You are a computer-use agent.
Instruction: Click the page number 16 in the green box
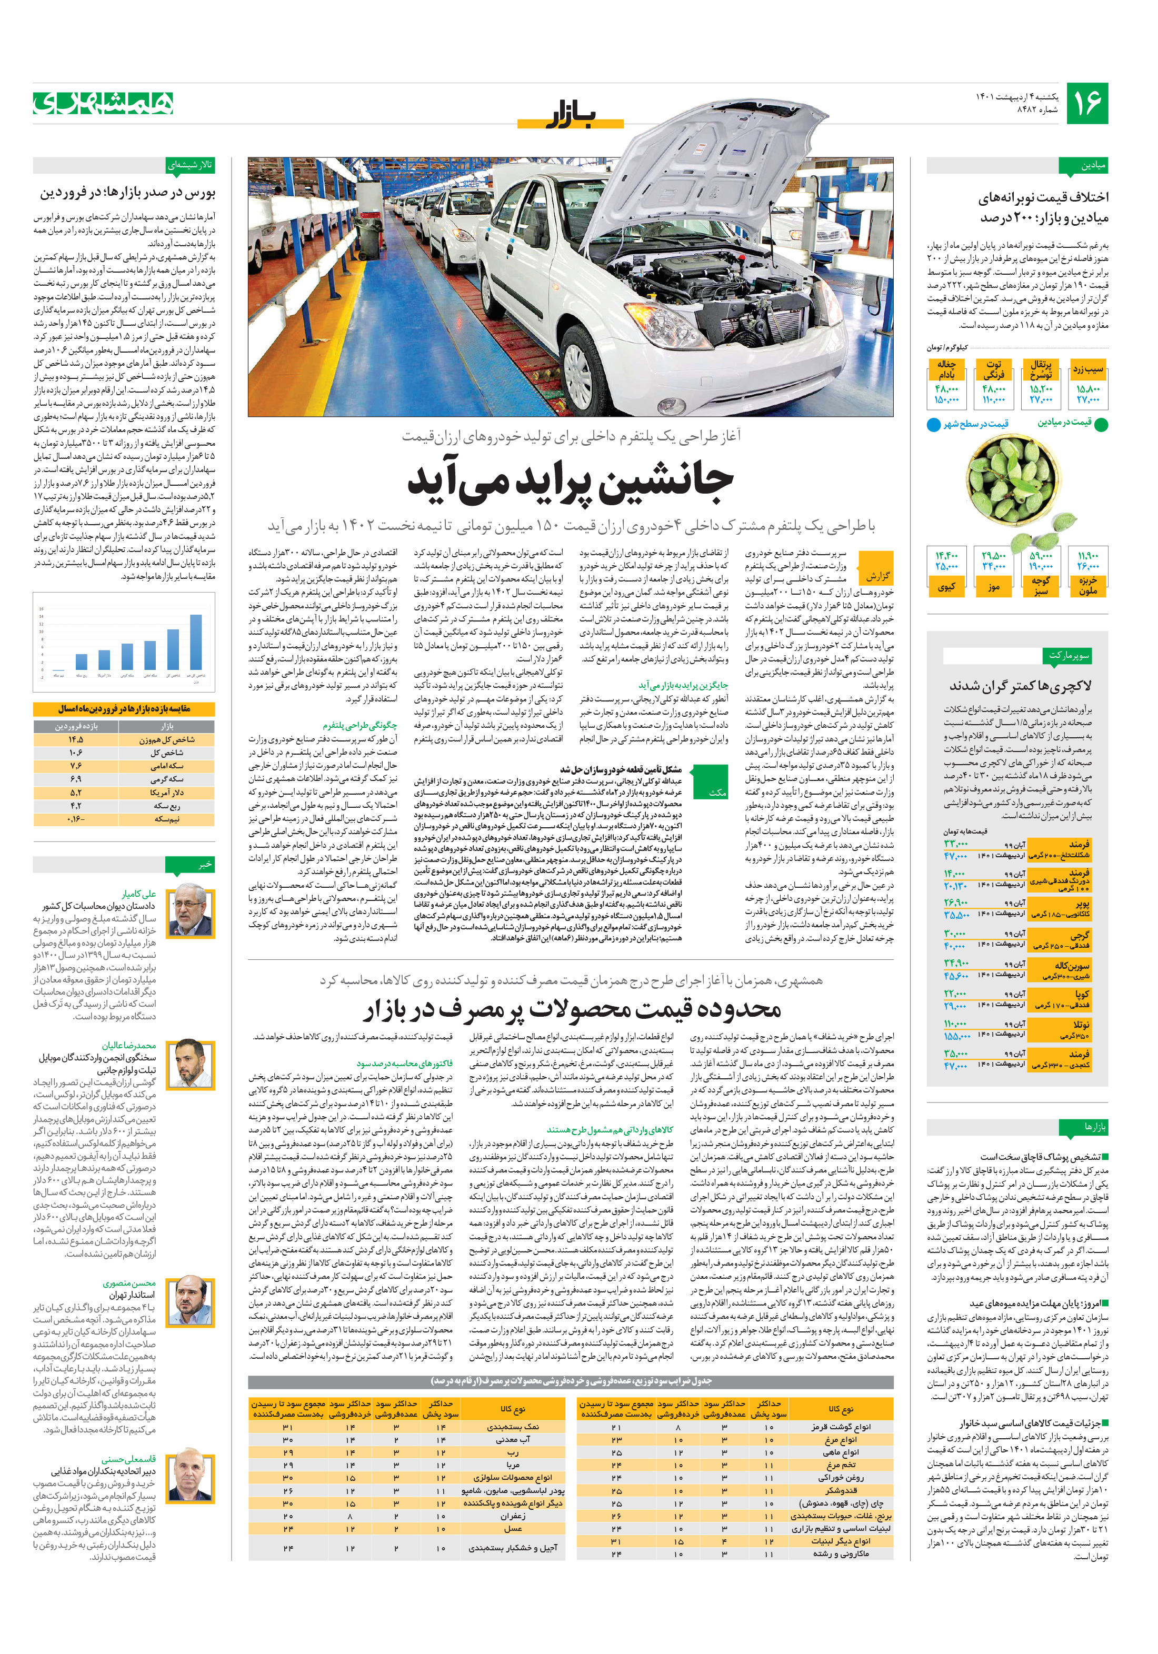click(1087, 104)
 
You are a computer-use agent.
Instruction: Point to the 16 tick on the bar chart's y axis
click(42, 609)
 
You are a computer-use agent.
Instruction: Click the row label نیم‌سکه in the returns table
click(167, 819)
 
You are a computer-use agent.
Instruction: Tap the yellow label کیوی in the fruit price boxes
click(946, 587)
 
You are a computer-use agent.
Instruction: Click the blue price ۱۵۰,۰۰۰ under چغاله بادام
click(946, 400)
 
